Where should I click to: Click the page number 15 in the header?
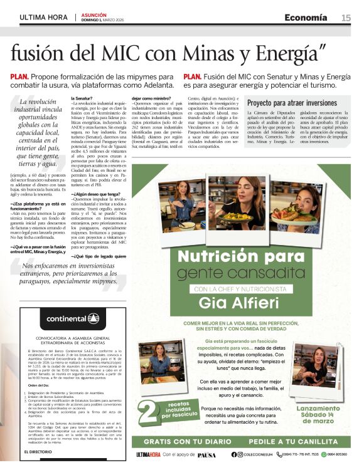[x=346, y=18]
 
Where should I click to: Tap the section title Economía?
[x=306, y=17]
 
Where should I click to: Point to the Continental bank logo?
[x=73, y=318]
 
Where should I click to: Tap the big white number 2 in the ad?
[x=150, y=414]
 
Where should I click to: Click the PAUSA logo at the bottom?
[x=206, y=455]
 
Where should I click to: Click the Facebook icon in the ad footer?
[x=252, y=454]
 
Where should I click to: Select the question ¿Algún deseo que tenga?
[x=112, y=195]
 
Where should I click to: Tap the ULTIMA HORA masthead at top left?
[x=43, y=17]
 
